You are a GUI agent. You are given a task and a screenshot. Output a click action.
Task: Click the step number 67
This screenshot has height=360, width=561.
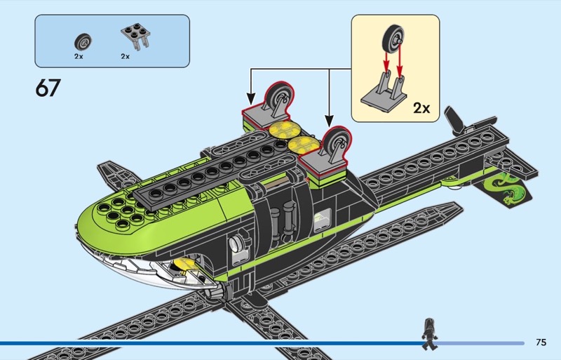(48, 88)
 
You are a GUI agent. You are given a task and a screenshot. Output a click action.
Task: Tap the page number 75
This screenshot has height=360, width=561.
(540, 342)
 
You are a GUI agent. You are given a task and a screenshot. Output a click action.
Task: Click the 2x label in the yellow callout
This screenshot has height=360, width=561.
(421, 108)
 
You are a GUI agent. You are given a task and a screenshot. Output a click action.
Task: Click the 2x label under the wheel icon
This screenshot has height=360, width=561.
(79, 55)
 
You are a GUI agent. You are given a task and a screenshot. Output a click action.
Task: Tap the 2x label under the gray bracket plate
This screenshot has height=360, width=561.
(126, 55)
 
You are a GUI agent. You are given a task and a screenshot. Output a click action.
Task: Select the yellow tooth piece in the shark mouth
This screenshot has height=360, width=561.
(180, 265)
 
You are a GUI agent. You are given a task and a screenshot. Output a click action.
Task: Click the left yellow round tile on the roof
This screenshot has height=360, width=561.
(280, 129)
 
